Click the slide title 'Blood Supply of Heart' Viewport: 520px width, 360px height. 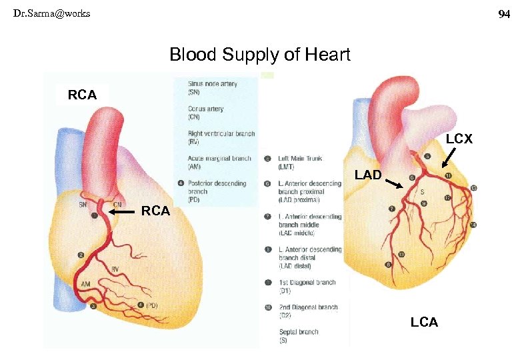259,55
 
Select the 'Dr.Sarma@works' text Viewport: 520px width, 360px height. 51,13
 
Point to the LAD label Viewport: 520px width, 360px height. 369,175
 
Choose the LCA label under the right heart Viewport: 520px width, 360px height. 424,323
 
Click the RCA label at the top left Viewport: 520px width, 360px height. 82,95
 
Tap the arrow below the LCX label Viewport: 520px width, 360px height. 447,159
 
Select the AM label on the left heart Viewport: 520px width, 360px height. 85,284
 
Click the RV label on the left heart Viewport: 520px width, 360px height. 115,269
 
